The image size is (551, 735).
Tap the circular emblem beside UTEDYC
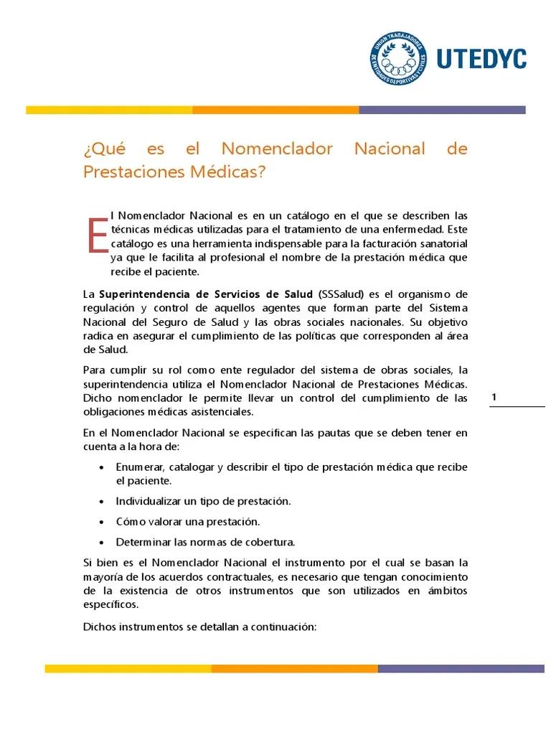[397, 58]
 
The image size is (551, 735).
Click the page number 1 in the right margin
[494, 398]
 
